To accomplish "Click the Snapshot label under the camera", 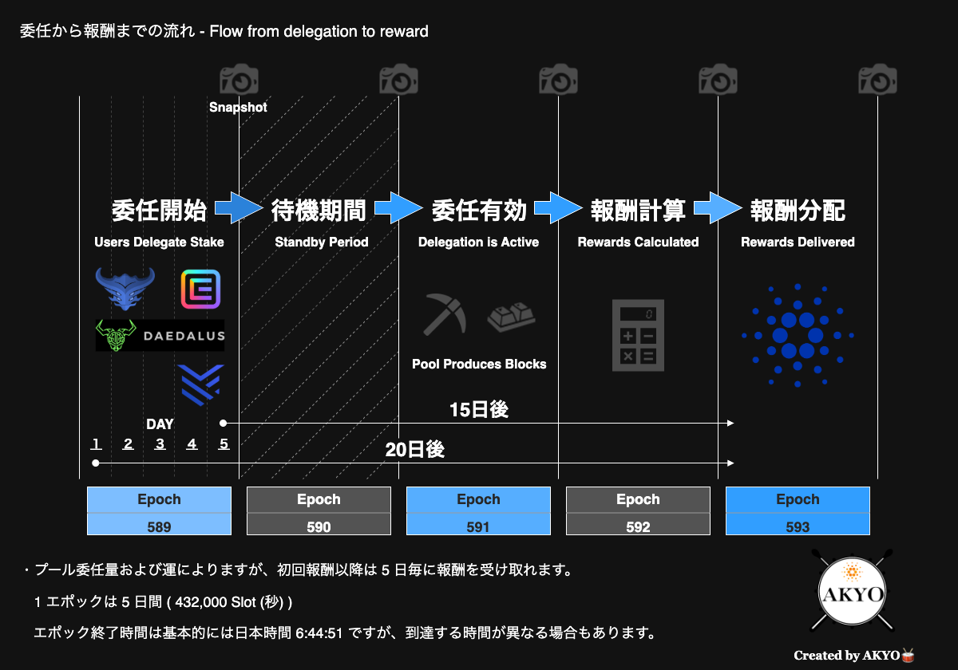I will click(x=238, y=107).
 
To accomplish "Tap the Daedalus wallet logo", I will click(x=160, y=336).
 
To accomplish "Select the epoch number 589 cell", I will click(x=159, y=526).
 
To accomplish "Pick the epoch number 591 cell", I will click(x=478, y=526).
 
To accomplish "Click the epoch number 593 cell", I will click(x=798, y=526).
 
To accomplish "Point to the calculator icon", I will click(x=638, y=336).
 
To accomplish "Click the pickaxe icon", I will click(x=445, y=314).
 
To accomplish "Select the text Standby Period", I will click(x=322, y=242).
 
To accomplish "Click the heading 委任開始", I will click(x=159, y=211).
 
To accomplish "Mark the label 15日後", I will click(x=479, y=410).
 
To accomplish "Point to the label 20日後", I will click(x=414, y=450).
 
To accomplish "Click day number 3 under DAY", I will click(x=160, y=444).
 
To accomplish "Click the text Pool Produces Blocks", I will click(x=479, y=364).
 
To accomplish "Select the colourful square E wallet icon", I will click(x=200, y=290).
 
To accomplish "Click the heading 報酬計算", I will click(x=638, y=211).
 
